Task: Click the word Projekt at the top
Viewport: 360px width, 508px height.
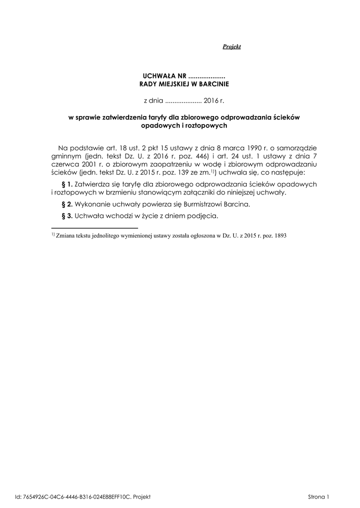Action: pos(231,47)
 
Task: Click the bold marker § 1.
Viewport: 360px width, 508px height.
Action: pos(66,184)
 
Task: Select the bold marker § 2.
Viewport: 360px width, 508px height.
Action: pos(66,204)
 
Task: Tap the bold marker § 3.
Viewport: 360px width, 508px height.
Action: pos(66,216)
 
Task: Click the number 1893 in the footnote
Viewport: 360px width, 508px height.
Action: pos(280,236)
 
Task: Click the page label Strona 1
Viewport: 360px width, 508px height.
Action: pos(319,496)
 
